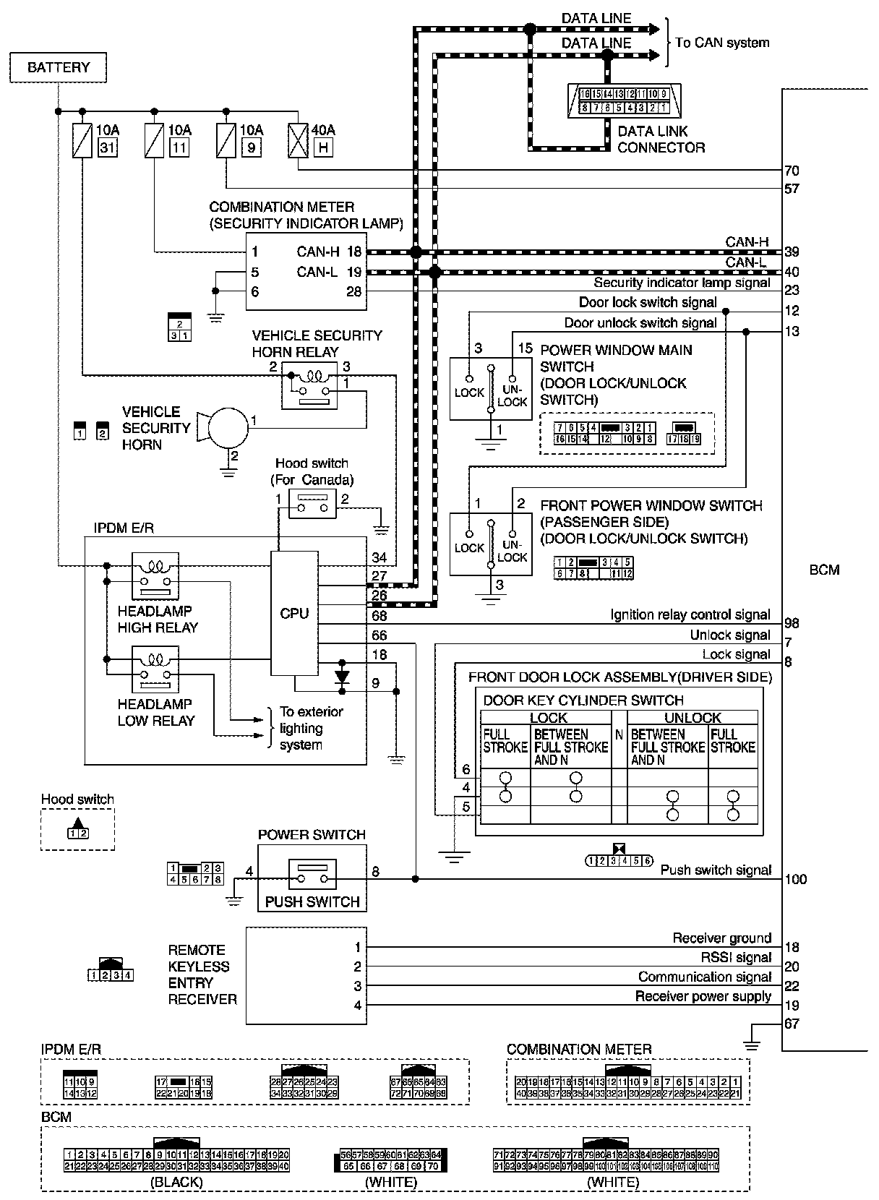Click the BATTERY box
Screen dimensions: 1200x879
click(59, 68)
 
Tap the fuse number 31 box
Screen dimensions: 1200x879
click(106, 148)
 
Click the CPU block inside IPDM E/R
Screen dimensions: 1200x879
click(294, 613)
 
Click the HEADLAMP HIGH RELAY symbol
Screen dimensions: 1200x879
click(155, 575)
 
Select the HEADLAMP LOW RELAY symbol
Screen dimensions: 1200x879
click(155, 668)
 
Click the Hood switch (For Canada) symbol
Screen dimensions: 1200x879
click(312, 503)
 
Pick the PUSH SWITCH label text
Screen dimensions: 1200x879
click(312, 901)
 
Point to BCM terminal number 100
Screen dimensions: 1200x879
click(795, 880)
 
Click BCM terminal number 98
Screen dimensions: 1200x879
click(792, 623)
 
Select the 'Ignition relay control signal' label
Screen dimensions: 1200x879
click(690, 615)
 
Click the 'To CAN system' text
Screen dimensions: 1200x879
click(722, 43)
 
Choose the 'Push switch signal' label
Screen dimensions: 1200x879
click(716, 870)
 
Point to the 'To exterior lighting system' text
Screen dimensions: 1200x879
click(312, 728)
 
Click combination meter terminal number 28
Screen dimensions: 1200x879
click(354, 291)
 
